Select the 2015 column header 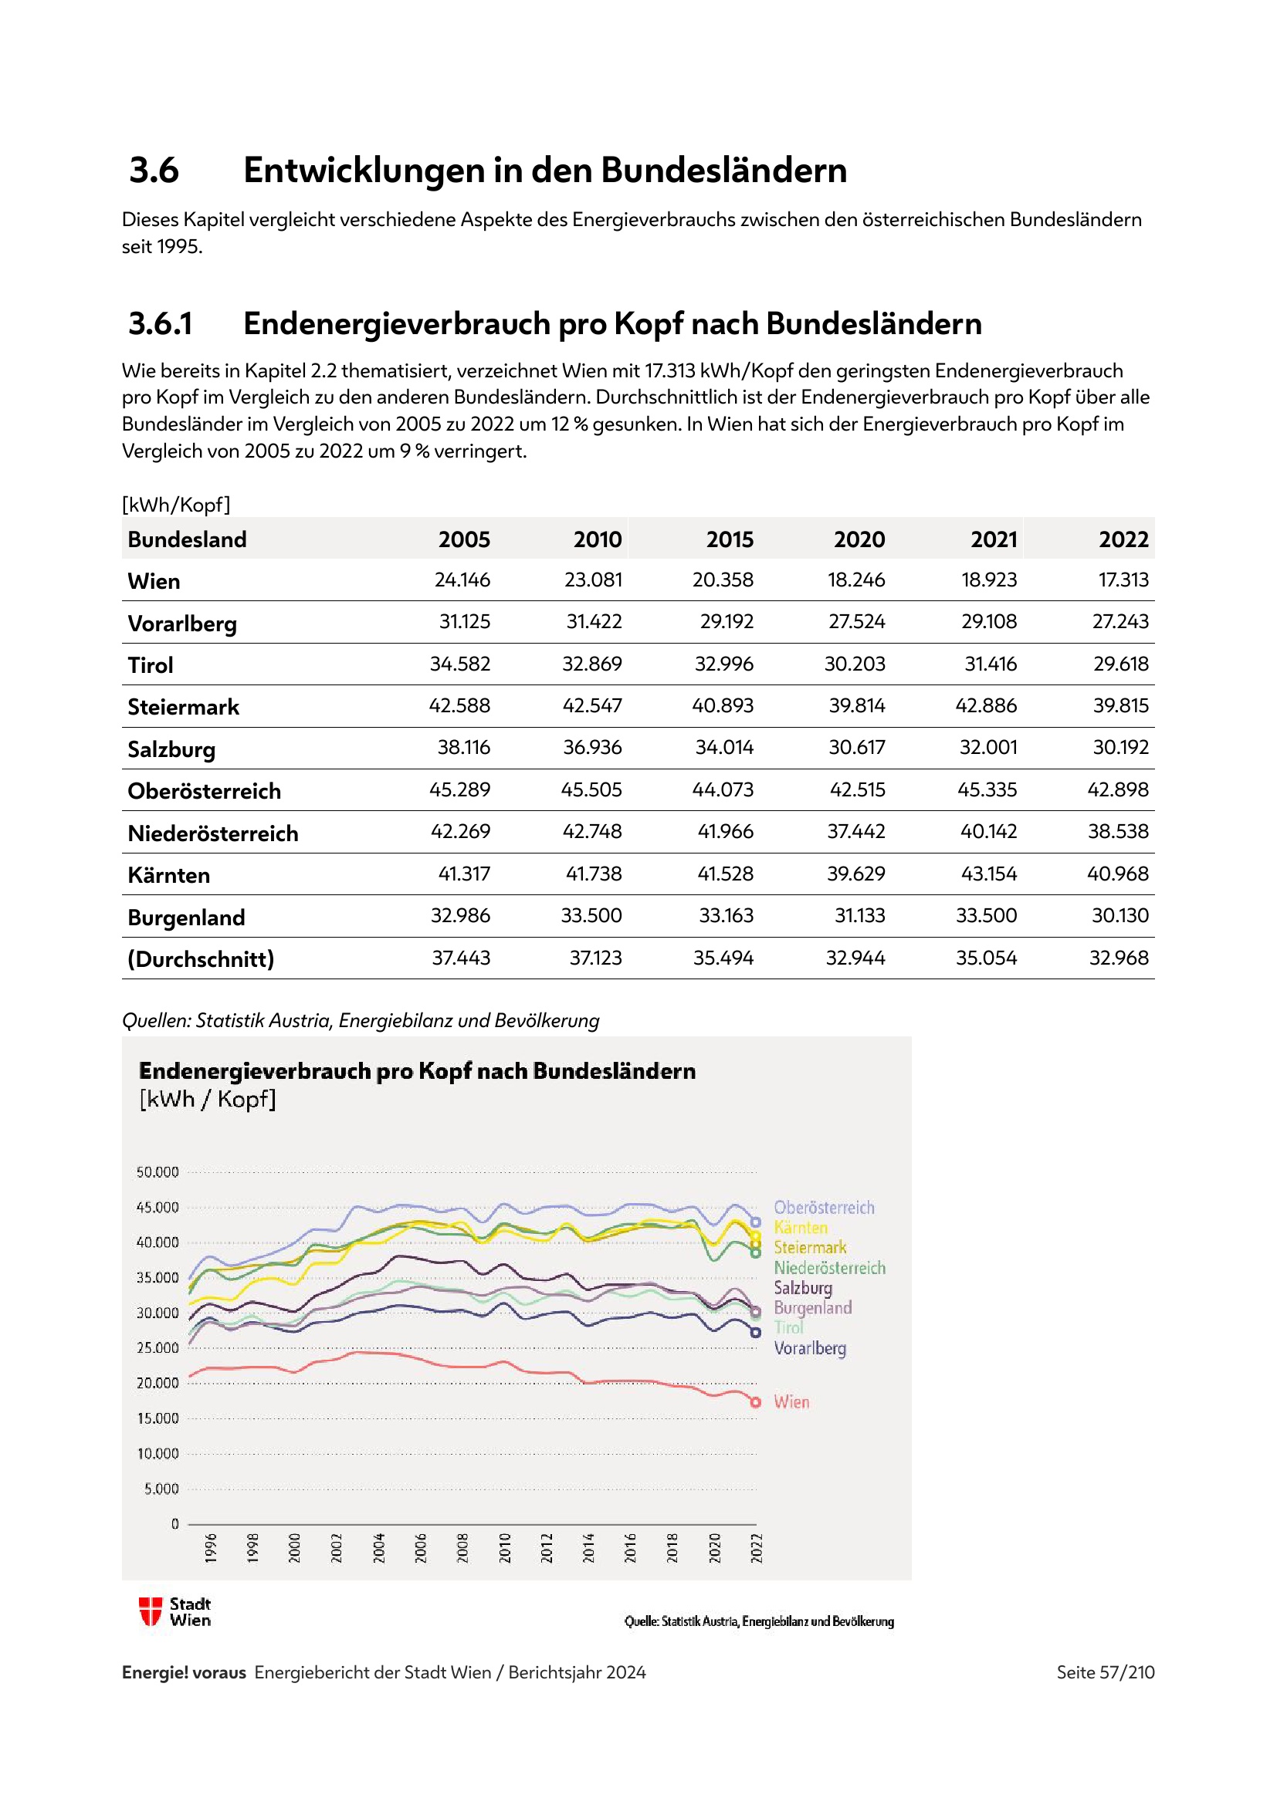(x=729, y=539)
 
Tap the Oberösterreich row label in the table (x=205, y=791)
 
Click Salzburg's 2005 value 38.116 (x=463, y=748)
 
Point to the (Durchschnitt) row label (x=202, y=958)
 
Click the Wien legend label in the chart (x=791, y=1401)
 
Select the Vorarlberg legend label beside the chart (x=810, y=1348)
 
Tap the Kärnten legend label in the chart (x=801, y=1228)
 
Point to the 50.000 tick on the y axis (x=158, y=1172)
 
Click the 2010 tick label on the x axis (x=505, y=1547)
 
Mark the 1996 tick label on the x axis (x=211, y=1547)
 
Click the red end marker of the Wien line (x=756, y=1402)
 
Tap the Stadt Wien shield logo (x=150, y=1611)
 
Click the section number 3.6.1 (x=161, y=324)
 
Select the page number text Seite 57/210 (x=1105, y=1672)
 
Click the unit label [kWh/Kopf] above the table (x=176, y=505)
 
